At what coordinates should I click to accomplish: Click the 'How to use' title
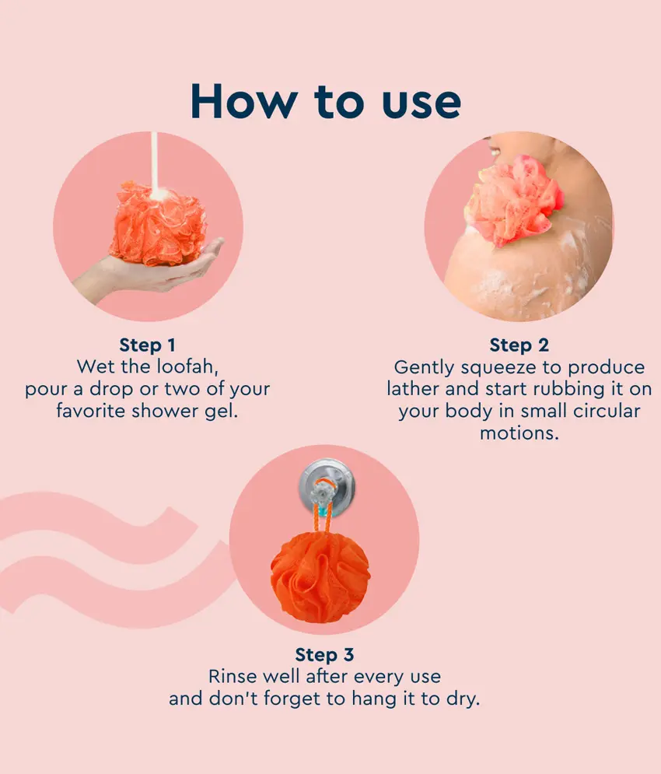pos(326,102)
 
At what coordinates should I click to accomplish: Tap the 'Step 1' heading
pos(147,345)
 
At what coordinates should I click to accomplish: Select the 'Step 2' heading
pos(519,345)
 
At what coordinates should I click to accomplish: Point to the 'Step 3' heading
pos(324,654)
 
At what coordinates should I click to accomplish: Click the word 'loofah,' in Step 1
pos(187,366)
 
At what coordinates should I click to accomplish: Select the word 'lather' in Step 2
pos(413,389)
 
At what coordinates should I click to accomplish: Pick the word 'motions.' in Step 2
pos(519,433)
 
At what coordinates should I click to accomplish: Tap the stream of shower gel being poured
pos(155,163)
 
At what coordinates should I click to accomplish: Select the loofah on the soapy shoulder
pos(514,200)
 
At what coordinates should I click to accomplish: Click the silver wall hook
pos(327,487)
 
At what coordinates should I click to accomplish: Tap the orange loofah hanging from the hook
pos(320,576)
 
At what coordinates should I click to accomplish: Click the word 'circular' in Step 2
pos(607,411)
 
